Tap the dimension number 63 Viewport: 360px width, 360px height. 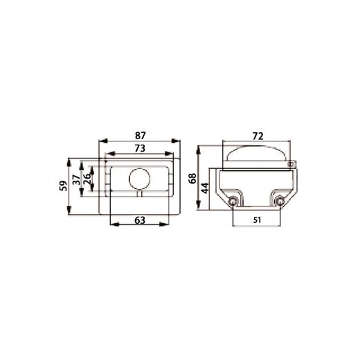tap(139, 221)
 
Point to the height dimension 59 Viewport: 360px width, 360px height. tap(64, 185)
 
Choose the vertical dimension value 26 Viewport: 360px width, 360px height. tap(87, 179)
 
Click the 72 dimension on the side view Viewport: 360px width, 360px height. tap(257, 136)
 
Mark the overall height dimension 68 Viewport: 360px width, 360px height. tap(192, 177)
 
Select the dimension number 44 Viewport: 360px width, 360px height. tap(205, 187)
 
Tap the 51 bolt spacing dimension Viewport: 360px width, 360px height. tap(257, 221)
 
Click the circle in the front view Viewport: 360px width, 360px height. tap(139, 179)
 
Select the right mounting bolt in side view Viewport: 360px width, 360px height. tap(280, 201)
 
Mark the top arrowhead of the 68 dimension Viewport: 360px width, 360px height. tap(199, 147)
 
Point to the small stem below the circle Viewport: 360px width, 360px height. tap(139, 193)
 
